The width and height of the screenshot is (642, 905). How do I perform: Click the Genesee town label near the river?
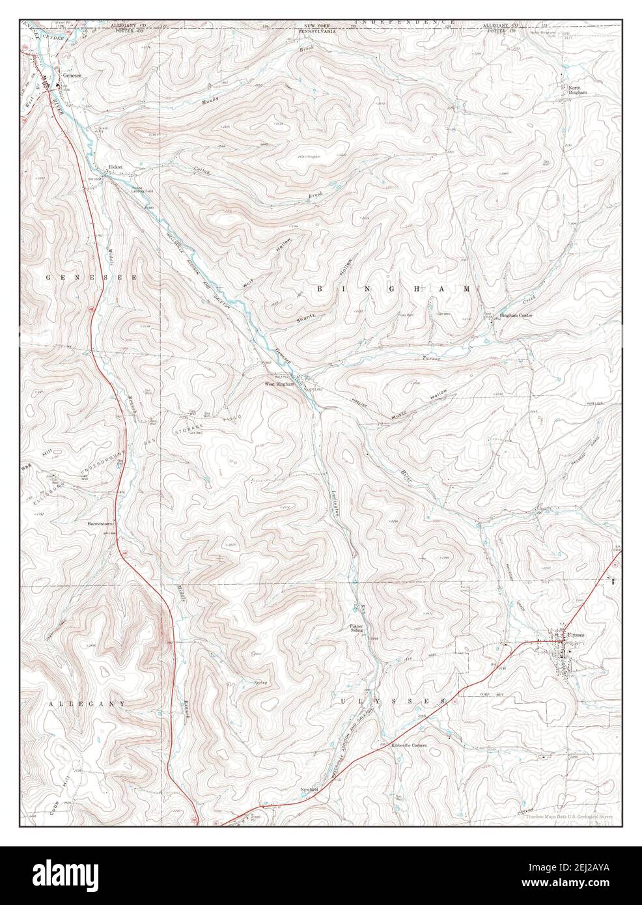[x=70, y=76]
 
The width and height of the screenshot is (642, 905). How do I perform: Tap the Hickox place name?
[x=115, y=167]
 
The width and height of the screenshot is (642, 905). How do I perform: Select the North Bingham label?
[x=577, y=90]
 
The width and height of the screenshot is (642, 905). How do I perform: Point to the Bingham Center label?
[x=516, y=316]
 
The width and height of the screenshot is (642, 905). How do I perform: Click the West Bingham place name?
[x=279, y=384]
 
